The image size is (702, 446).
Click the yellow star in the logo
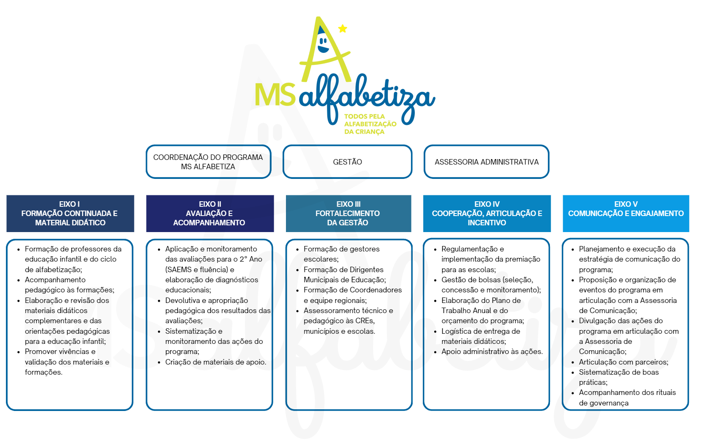(x=343, y=28)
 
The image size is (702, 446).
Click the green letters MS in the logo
(x=275, y=95)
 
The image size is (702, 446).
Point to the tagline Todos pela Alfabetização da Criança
(x=370, y=124)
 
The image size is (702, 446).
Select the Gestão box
(x=347, y=162)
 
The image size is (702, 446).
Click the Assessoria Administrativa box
(x=487, y=162)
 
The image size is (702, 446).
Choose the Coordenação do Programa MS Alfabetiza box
(x=208, y=162)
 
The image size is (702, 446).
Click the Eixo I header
(x=70, y=214)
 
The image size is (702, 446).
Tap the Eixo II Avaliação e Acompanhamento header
(x=210, y=214)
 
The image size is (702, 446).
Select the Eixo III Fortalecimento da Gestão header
(x=348, y=214)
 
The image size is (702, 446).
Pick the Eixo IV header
(x=487, y=214)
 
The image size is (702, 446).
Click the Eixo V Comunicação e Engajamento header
(x=626, y=214)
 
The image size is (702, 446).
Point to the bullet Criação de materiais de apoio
(x=215, y=362)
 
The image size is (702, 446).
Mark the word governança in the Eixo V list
(x=609, y=403)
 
